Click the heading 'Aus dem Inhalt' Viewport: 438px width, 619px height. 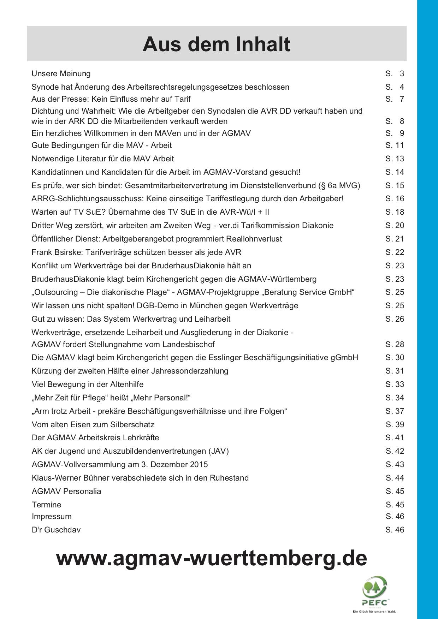[216, 44]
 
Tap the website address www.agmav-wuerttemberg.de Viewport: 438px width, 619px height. [211, 558]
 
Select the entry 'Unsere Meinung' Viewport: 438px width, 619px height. [61, 73]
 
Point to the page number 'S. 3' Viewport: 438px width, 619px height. [395, 73]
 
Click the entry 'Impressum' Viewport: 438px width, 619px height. [52, 516]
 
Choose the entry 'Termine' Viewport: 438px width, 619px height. [46, 505]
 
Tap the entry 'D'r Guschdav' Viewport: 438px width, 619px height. [56, 530]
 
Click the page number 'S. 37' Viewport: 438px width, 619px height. [395, 411]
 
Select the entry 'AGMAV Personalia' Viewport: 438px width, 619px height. [66, 491]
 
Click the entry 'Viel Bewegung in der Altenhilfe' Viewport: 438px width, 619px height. [88, 384]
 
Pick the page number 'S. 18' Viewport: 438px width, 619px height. [395, 212]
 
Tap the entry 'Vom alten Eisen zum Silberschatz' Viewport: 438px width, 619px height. [93, 424]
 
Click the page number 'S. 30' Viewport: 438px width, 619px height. [395, 357]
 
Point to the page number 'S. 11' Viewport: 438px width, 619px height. [395, 145]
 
